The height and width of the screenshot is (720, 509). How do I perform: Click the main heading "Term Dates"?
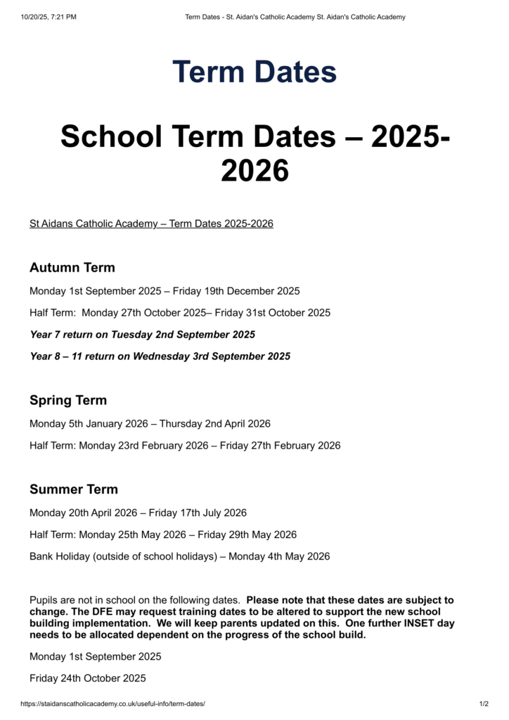[254, 72]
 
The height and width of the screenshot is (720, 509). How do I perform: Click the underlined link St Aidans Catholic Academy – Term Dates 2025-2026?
[151, 224]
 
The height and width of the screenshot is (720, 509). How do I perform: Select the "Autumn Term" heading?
[72, 268]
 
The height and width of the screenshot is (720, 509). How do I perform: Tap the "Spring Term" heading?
[68, 401]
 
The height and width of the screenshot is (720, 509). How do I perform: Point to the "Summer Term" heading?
[74, 489]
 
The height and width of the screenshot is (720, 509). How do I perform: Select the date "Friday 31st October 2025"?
[273, 312]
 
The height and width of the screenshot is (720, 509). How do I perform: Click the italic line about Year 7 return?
[142, 334]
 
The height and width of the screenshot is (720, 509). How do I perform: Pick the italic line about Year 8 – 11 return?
[160, 356]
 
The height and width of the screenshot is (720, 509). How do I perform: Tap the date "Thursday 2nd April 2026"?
[215, 423]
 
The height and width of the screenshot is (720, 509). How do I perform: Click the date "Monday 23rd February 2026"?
[144, 445]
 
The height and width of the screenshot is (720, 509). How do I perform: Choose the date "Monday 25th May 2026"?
[132, 534]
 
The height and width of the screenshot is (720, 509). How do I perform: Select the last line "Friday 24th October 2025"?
[88, 678]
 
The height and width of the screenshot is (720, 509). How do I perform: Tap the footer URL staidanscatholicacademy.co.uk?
[112, 704]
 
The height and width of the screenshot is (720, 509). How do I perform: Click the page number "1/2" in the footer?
[484, 704]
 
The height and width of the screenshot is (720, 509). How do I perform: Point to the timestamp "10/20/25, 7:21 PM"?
[49, 17]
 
